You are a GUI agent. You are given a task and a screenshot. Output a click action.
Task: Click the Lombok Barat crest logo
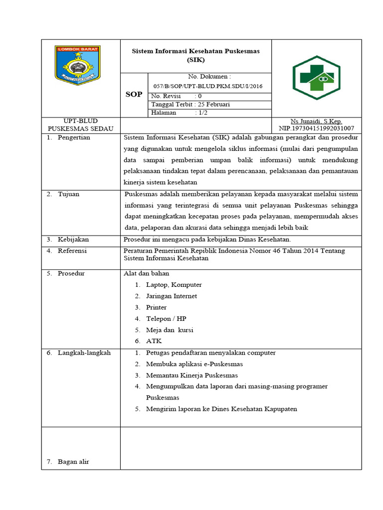tap(78, 65)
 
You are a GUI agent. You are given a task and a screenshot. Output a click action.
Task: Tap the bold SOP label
tap(134, 94)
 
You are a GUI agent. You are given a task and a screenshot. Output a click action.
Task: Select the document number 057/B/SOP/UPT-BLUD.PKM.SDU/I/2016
tap(209, 86)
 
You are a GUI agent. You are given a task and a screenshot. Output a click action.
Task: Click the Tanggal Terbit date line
tap(190, 105)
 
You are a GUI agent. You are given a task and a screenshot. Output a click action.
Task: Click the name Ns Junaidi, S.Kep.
tap(316, 122)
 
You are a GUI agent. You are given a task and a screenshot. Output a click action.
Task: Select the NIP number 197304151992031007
tap(316, 128)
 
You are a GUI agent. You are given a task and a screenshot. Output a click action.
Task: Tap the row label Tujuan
tap(68, 194)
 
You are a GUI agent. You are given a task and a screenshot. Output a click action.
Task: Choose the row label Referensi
tap(72, 251)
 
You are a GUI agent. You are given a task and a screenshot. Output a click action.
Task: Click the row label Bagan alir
tap(73, 462)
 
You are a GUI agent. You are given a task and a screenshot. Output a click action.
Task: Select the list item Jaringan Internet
tap(171, 296)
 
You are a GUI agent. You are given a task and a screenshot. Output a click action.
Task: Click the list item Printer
tap(156, 307)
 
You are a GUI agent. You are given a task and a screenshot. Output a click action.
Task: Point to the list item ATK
tap(154, 341)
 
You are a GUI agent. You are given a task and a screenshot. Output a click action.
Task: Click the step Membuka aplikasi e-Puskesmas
tap(194, 364)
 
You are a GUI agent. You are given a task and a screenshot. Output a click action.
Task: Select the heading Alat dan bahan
tap(146, 273)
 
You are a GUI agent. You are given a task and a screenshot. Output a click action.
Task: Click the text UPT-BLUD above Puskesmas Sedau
tap(81, 121)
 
